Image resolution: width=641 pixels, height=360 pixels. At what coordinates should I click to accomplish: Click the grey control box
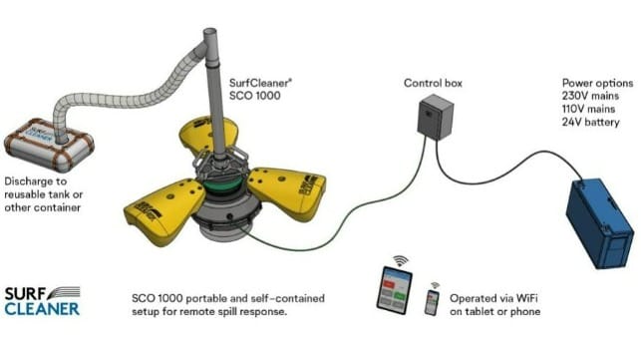pyautogui.click(x=436, y=117)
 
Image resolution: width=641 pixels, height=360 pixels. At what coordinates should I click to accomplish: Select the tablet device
pyautogui.click(x=394, y=290)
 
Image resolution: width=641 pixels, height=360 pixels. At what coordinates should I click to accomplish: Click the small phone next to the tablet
pyautogui.click(x=432, y=302)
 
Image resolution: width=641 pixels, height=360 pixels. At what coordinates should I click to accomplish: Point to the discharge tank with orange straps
pyautogui.click(x=49, y=145)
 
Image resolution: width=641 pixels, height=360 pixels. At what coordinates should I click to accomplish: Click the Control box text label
pyautogui.click(x=433, y=83)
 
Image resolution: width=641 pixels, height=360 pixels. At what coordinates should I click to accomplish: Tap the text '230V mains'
pyautogui.click(x=590, y=96)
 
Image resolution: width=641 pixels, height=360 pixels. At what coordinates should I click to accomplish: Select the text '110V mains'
pyautogui.click(x=588, y=109)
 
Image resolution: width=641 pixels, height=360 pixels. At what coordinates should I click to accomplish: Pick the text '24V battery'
pyautogui.click(x=590, y=122)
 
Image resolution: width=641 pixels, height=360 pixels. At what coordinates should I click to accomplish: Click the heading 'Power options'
pyautogui.click(x=597, y=83)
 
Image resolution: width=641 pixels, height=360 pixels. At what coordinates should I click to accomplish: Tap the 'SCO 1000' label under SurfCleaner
pyautogui.click(x=254, y=96)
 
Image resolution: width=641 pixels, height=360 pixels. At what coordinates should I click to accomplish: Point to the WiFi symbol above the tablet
pyautogui.click(x=400, y=260)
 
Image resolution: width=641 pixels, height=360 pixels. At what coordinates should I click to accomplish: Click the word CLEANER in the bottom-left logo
pyautogui.click(x=42, y=309)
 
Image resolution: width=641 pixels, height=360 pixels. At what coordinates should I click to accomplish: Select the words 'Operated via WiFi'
pyautogui.click(x=493, y=298)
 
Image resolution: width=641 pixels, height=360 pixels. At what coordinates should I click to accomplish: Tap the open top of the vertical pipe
pyautogui.click(x=209, y=32)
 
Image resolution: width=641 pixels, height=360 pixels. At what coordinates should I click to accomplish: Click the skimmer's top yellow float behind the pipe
pyautogui.click(x=207, y=134)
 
